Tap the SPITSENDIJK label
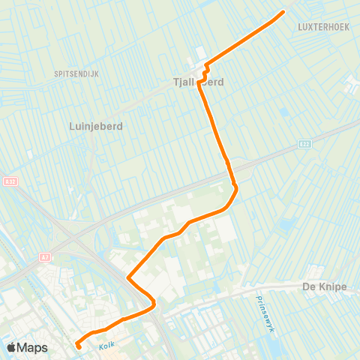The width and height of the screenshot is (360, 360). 76,73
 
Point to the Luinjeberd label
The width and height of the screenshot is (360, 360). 96,127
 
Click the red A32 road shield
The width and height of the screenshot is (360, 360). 9,181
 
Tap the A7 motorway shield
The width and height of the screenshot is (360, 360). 43,256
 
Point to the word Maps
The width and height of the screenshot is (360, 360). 33,347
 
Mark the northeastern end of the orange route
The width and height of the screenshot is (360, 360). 283,12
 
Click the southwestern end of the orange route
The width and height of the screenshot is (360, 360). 78,346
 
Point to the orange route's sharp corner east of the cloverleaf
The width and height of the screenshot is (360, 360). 129,278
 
